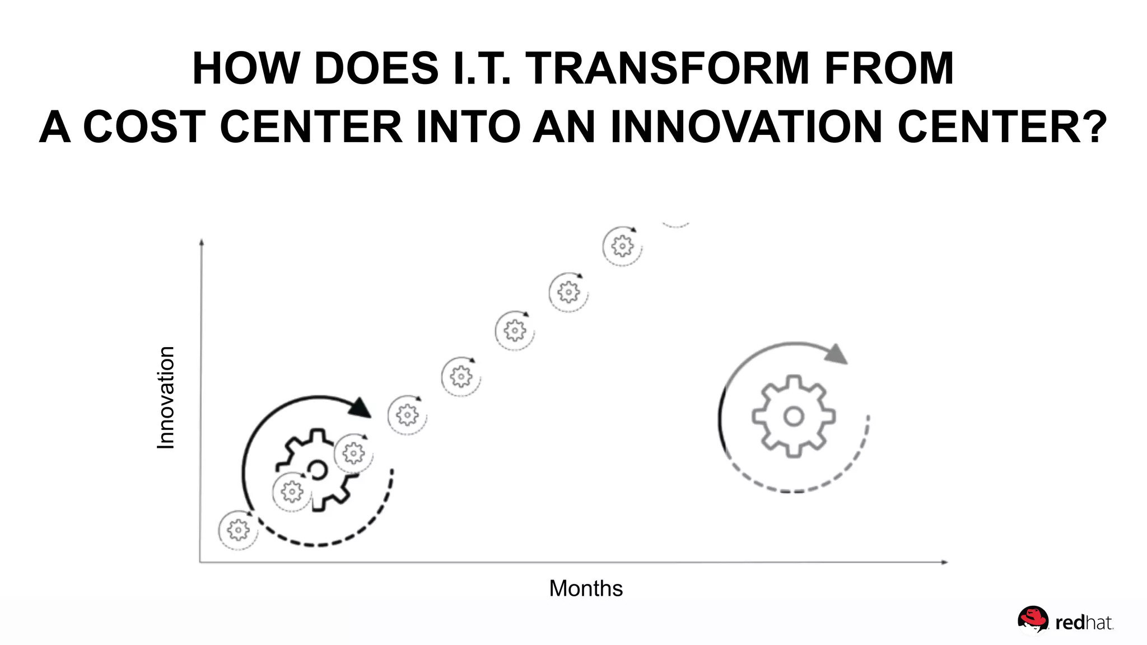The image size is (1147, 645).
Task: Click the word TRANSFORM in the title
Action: click(x=666, y=69)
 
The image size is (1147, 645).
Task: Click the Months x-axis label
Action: click(x=586, y=588)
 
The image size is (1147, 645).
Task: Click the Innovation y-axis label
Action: click(x=166, y=398)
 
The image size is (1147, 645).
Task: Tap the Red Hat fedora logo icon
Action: click(x=1033, y=620)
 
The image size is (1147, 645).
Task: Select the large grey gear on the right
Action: click(x=793, y=417)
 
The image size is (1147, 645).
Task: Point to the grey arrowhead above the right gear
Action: click(x=837, y=354)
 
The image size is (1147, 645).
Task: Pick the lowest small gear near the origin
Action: click(x=238, y=529)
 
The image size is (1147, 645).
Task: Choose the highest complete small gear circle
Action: click(x=622, y=246)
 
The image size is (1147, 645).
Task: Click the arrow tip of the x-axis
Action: click(x=946, y=562)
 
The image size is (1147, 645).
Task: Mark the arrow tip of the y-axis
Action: click(x=202, y=242)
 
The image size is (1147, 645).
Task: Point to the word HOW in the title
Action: click(x=245, y=69)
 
